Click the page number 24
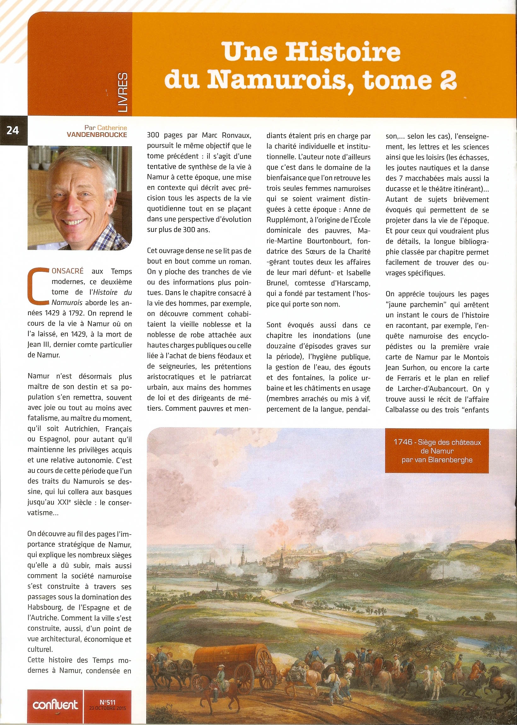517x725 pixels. pyautogui.click(x=13, y=130)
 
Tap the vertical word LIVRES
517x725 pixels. pyautogui.click(x=122, y=92)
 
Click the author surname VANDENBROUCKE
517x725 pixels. pyautogui.click(x=97, y=135)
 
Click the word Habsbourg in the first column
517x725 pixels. pyautogui.click(x=44, y=607)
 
